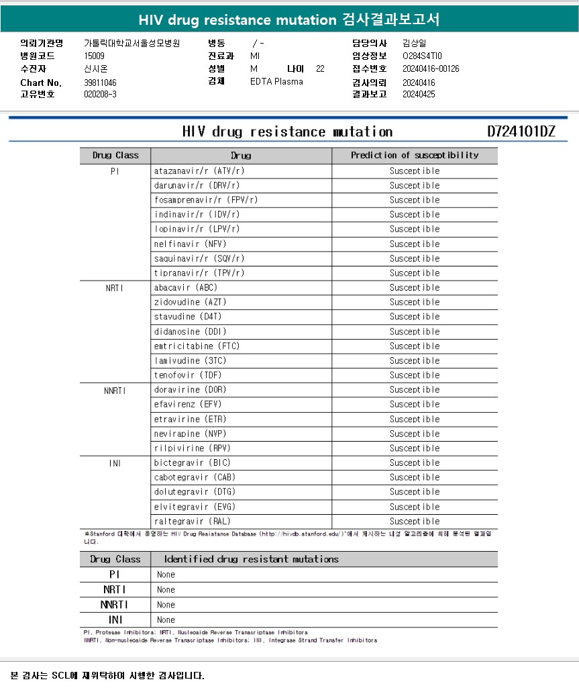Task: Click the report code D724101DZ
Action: (x=521, y=131)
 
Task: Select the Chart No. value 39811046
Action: (x=100, y=82)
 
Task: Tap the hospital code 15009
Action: (x=94, y=56)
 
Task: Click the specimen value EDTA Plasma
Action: (x=276, y=81)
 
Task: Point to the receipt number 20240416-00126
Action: (x=431, y=68)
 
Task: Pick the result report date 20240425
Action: (x=419, y=94)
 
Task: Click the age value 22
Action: (x=320, y=68)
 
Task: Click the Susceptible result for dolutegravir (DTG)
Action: (x=415, y=492)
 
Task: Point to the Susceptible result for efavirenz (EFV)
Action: (x=415, y=404)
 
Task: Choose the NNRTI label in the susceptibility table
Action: (x=115, y=390)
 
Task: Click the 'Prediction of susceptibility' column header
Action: (x=415, y=155)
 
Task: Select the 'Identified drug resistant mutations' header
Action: (x=252, y=559)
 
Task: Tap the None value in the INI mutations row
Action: (x=166, y=619)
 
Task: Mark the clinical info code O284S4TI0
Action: (x=422, y=56)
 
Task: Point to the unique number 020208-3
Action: (x=100, y=94)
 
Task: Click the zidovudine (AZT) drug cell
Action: (x=186, y=302)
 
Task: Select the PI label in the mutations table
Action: (x=115, y=575)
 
